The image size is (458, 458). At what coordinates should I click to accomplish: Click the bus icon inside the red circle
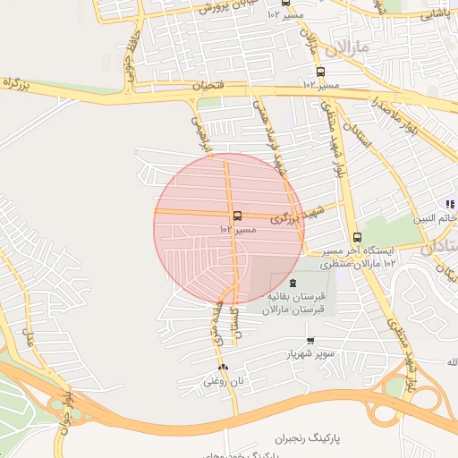[236, 216]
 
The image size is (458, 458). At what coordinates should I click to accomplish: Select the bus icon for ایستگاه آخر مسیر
[357, 237]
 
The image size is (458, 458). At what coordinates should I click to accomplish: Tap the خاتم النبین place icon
[451, 204]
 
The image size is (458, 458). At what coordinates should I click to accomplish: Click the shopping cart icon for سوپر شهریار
[310, 340]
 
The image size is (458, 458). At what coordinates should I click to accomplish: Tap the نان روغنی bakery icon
[222, 367]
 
